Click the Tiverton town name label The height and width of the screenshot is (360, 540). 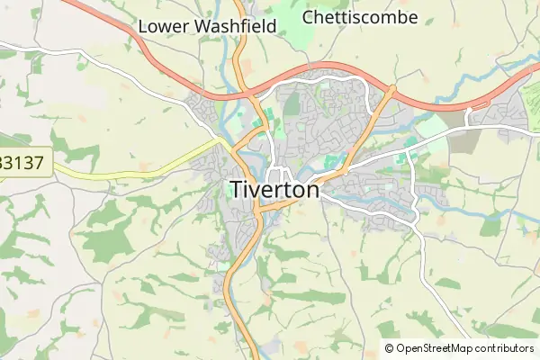275,190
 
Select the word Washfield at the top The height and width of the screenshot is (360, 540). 237,27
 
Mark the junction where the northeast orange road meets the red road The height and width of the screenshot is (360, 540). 391,89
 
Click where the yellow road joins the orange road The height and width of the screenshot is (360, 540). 228,142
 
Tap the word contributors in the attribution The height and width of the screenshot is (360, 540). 505,348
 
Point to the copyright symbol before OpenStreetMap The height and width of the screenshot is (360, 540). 390,348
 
